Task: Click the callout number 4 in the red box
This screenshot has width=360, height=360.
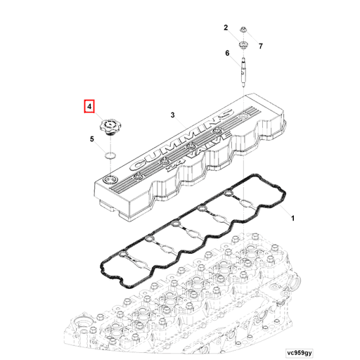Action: click(89, 108)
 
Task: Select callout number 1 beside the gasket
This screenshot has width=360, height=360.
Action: click(292, 219)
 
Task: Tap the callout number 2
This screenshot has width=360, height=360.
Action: click(226, 28)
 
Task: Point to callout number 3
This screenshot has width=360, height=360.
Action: click(172, 114)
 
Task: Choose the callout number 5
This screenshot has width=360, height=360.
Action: click(91, 140)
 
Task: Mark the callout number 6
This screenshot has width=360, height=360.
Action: click(227, 53)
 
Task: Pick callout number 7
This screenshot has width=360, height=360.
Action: click(259, 46)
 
